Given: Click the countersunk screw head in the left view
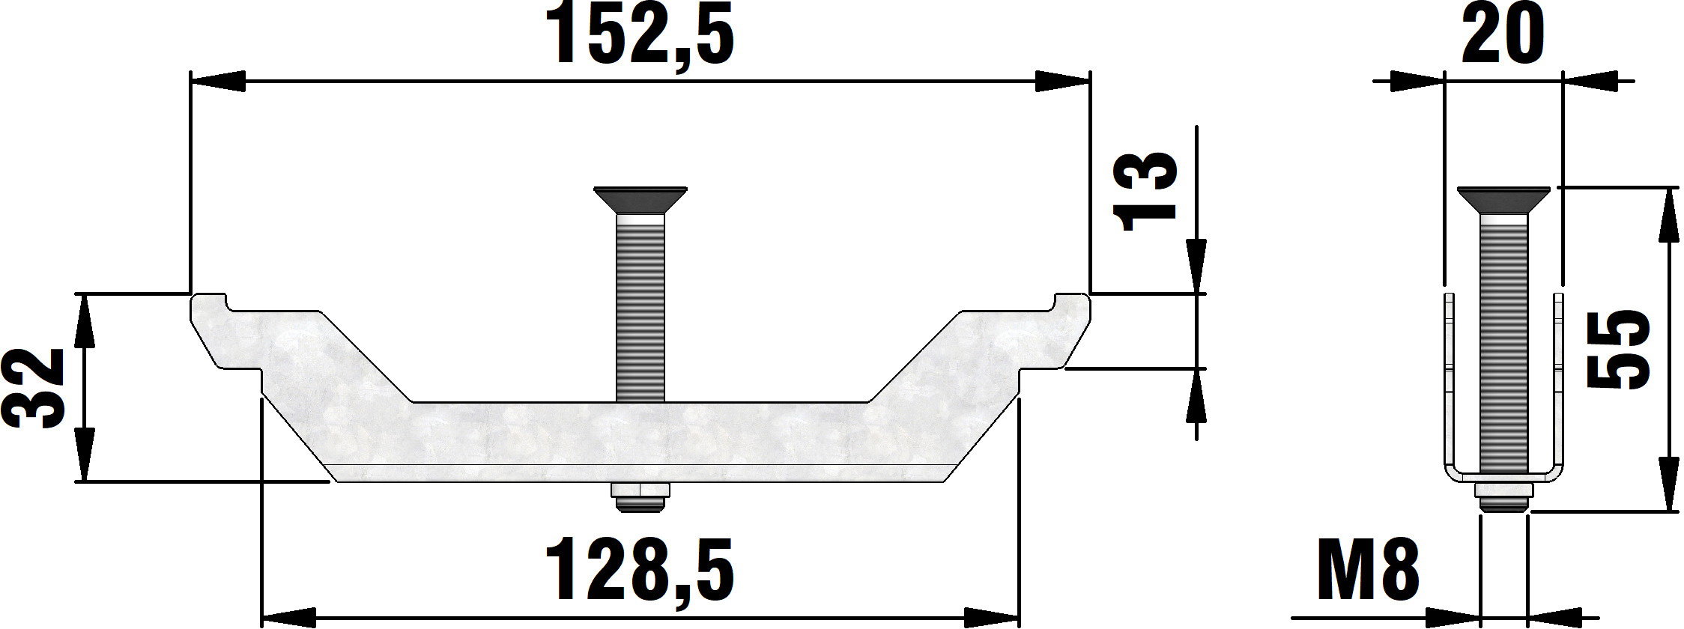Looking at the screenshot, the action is pyautogui.click(x=640, y=199).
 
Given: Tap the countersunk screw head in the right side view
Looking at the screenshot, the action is pyautogui.click(x=1503, y=199).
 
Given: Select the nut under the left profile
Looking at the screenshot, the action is pyautogui.click(x=640, y=498).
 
